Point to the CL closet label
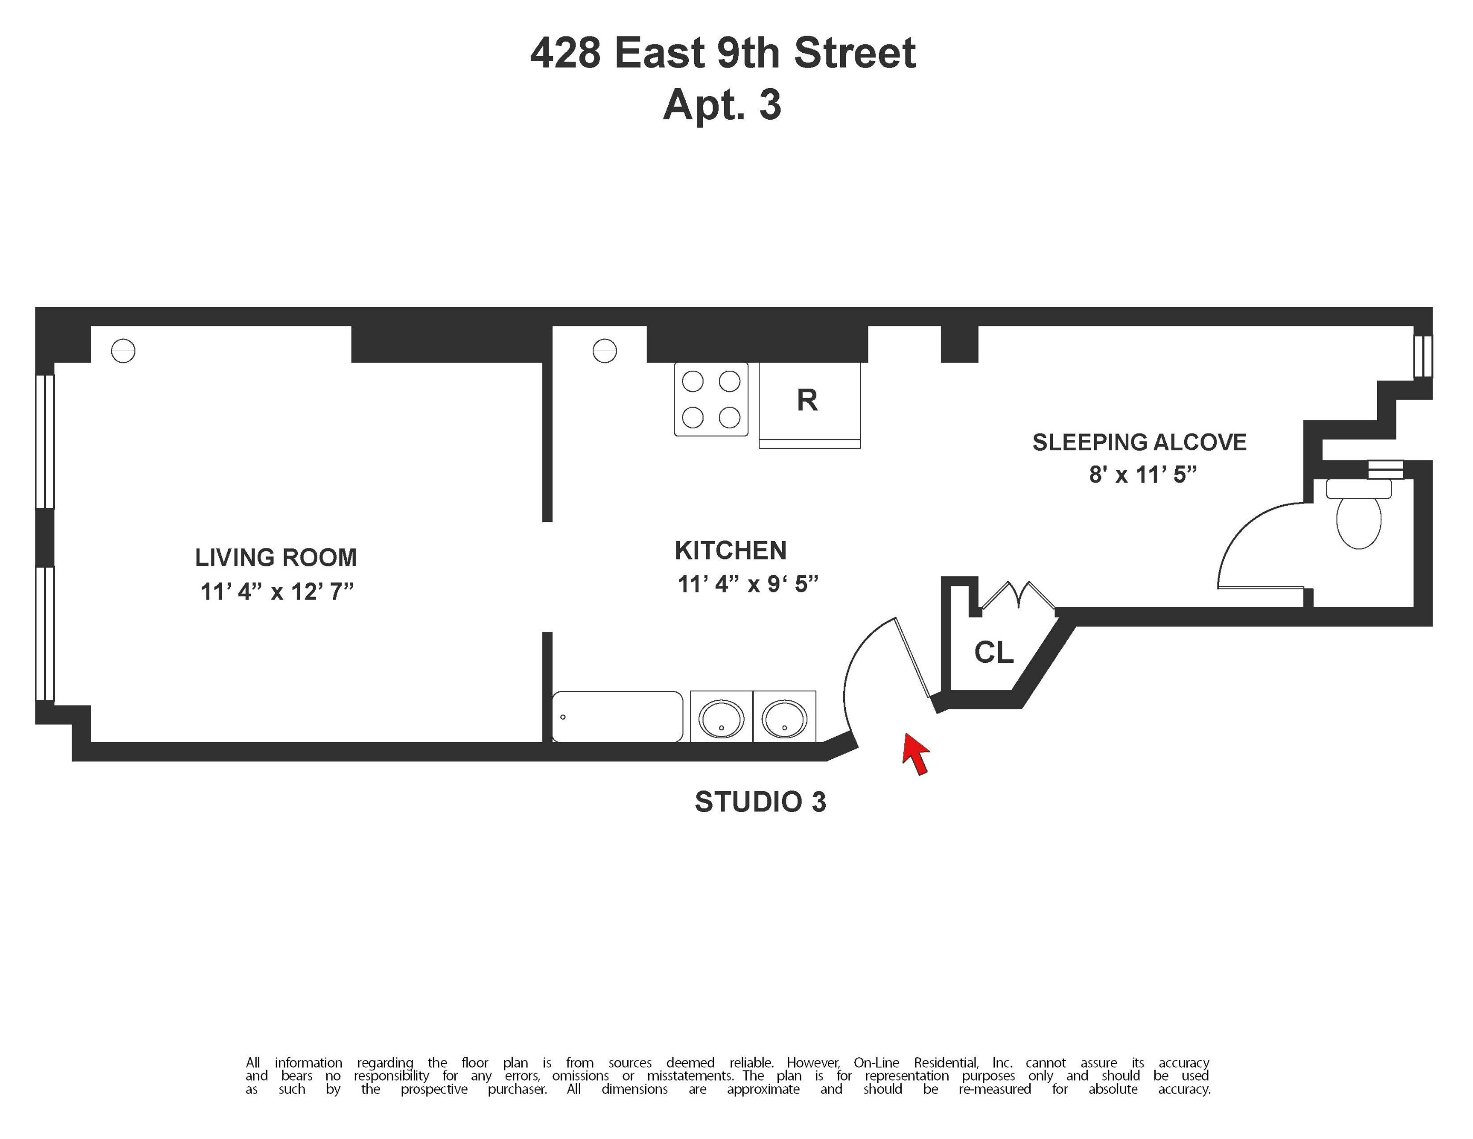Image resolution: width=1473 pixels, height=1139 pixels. coord(993,652)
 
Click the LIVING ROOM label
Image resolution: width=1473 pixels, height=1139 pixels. coord(276,558)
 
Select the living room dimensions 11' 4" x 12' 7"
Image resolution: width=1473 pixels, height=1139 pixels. coord(277,592)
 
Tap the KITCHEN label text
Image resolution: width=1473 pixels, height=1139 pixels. coord(730,551)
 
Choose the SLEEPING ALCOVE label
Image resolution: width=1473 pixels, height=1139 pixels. coord(1139,442)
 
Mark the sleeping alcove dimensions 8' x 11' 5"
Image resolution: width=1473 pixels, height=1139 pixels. coord(1143,475)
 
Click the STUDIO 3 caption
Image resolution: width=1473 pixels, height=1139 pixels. coord(760,802)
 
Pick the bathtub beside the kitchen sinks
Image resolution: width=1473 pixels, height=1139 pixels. coord(617,717)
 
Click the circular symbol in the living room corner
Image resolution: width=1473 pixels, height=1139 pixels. coord(123,351)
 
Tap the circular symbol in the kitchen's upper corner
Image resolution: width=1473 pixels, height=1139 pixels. coord(604,351)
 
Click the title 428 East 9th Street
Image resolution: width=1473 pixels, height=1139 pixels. coord(723,53)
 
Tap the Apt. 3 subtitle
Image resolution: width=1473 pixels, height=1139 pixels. coord(723,105)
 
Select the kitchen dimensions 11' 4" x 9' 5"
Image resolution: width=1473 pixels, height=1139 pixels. coord(747,584)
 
